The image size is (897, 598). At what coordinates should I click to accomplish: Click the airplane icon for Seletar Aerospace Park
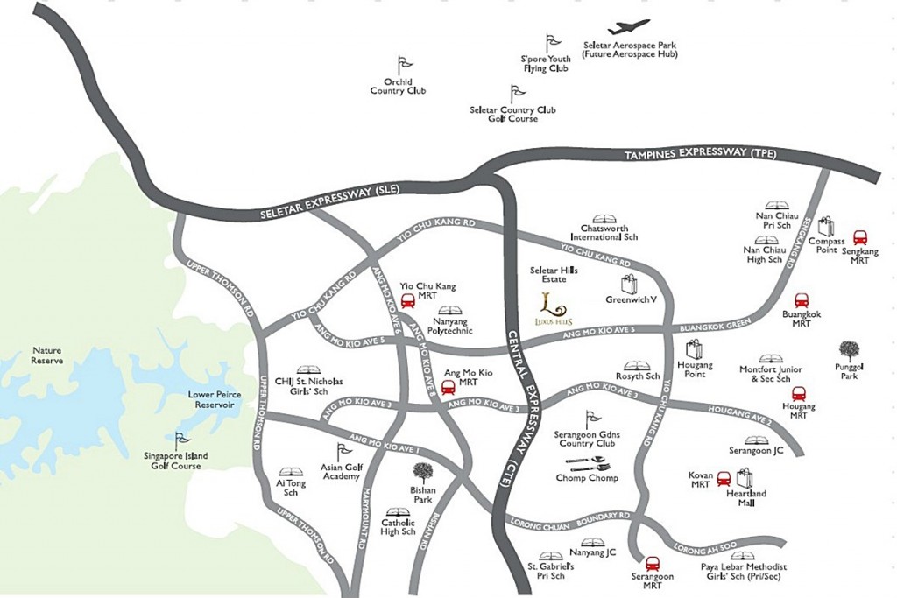pyautogui.click(x=629, y=27)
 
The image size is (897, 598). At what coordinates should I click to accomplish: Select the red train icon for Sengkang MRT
pyautogui.click(x=860, y=237)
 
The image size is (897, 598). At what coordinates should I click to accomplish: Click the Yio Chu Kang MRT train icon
pyautogui.click(x=407, y=301)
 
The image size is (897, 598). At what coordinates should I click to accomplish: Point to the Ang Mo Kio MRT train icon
pyautogui.click(x=448, y=387)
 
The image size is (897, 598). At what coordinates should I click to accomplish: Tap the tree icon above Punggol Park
pyautogui.click(x=849, y=351)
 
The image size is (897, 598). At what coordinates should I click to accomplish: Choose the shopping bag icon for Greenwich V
pyautogui.click(x=629, y=284)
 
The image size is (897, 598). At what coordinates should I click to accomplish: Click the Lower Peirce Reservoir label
pyautogui.click(x=215, y=399)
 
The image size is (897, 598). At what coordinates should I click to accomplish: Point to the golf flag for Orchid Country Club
pyautogui.click(x=403, y=65)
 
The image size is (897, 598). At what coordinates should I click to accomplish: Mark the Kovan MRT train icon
pyautogui.click(x=724, y=479)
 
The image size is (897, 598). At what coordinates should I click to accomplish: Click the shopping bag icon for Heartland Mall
pyautogui.click(x=745, y=478)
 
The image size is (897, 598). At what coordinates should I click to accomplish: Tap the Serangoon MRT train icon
pyautogui.click(x=652, y=565)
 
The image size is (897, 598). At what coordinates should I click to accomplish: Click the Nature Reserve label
pyautogui.click(x=47, y=355)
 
